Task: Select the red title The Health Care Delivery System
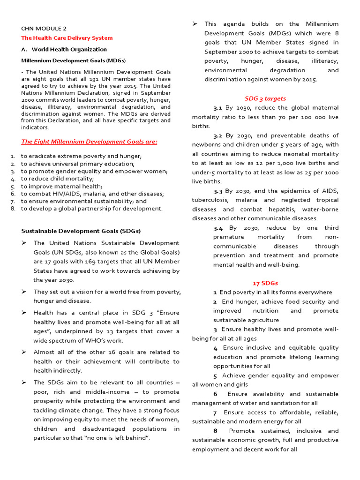pos(67,38)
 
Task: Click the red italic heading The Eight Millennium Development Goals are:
pos(90,142)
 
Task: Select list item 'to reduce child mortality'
pos(57,179)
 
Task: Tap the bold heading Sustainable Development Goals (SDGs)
pos(81,231)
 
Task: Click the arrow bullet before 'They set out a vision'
pos(24,292)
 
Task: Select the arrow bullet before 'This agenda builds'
pos(195,24)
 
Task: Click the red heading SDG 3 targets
pos(265,98)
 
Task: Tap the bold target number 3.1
pos(217,108)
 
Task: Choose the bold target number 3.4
pos(218,228)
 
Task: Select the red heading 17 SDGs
pos(265,283)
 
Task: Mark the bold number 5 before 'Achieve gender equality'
pos(215,375)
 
